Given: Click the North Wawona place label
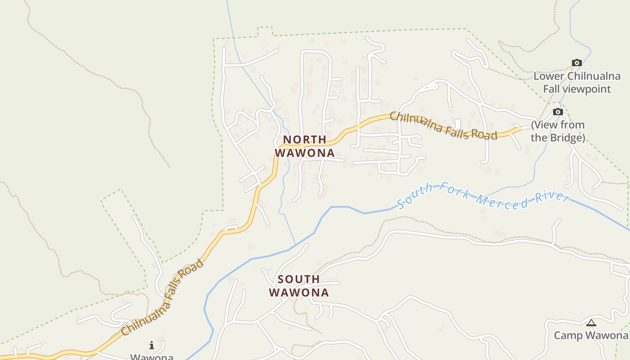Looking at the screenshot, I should (x=305, y=146).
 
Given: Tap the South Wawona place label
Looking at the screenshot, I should (x=299, y=286).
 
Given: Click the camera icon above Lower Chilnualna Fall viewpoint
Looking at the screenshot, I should (x=576, y=63).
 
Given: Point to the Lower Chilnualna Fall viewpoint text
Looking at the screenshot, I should (x=577, y=83).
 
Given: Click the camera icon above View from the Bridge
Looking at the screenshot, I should (x=558, y=112).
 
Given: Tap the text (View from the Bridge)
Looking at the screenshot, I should (x=558, y=131).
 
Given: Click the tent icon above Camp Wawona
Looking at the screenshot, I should (x=591, y=322).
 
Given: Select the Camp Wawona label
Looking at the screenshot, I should (x=591, y=335).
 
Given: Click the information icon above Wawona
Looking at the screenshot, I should (x=152, y=346).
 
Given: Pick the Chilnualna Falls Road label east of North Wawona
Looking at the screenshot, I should (x=443, y=126).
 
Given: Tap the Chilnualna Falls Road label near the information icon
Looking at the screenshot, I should (x=162, y=297).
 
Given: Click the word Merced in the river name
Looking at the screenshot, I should (x=503, y=201).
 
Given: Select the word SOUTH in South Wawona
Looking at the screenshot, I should (x=299, y=279).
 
